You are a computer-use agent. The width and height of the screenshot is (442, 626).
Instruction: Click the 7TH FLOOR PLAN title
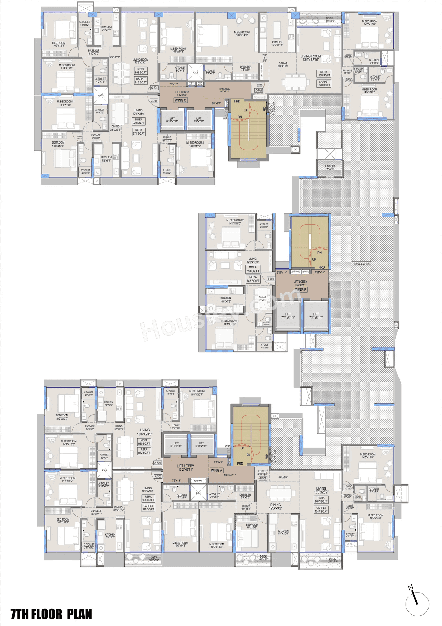pyautogui.click(x=51, y=614)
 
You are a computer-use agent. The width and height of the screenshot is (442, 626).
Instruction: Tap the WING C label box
pyautogui.click(x=180, y=100)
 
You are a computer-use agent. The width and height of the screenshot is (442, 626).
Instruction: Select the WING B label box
pyautogui.click(x=300, y=290)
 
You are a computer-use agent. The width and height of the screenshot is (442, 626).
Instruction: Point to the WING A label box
pyautogui.click(x=217, y=470)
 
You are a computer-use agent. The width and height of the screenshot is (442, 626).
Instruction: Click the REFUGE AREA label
pyautogui.click(x=361, y=264)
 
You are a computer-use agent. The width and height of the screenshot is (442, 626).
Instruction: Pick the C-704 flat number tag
pyautogui.click(x=154, y=88)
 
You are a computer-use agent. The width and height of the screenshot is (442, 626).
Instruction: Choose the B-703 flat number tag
pyautogui.click(x=270, y=279)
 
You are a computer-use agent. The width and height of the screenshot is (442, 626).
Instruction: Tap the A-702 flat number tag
pyautogui.click(x=263, y=478)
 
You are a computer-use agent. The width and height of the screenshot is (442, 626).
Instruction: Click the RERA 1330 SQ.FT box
pyautogui.click(x=324, y=74)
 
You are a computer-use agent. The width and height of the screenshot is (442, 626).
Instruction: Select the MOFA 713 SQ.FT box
pyautogui.click(x=253, y=269)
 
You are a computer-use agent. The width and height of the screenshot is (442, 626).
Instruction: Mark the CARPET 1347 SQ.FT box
pyautogui.click(x=321, y=509)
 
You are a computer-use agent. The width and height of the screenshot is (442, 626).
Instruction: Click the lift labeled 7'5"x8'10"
pyautogui.click(x=288, y=316)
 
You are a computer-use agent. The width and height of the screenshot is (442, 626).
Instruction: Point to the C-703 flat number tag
pyautogui.click(x=154, y=101)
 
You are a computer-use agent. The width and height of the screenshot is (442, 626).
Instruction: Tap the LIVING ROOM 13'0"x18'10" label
pyautogui.click(x=310, y=58)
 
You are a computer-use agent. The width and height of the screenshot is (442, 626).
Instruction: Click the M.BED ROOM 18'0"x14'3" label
pyautogui.click(x=242, y=34)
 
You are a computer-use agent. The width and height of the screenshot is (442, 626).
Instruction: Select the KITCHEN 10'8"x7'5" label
pyautogui.click(x=225, y=300)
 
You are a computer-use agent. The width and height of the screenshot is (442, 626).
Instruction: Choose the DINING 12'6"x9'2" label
pyautogui.click(x=276, y=506)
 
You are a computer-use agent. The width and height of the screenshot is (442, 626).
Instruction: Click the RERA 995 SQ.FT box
pyautogui.click(x=148, y=498)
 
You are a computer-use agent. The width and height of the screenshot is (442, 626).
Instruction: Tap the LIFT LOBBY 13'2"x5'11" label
pyautogui.click(x=185, y=468)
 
